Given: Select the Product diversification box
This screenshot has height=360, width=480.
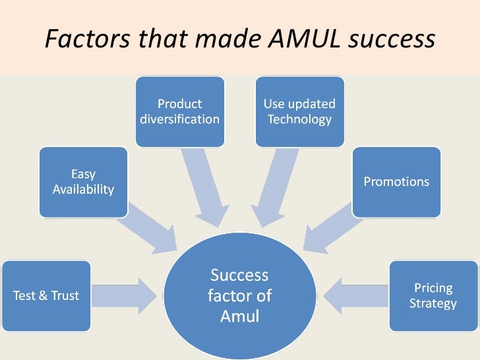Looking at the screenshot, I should tap(179, 111).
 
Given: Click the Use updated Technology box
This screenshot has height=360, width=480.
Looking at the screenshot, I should tap(299, 111).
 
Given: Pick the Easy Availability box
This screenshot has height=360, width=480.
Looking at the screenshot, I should tap(83, 181).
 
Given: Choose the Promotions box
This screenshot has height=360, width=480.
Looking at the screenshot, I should tap(396, 181).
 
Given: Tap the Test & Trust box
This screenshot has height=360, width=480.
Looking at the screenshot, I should tap(45, 295).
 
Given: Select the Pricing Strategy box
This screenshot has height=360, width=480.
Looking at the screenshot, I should tap(433, 295).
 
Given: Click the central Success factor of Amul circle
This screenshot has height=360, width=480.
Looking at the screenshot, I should tap(239, 295).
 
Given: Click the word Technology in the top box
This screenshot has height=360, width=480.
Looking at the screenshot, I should tap(299, 120).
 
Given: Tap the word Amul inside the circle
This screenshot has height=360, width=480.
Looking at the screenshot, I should tap(239, 316).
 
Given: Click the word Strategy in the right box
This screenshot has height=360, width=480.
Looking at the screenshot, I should tap(433, 304).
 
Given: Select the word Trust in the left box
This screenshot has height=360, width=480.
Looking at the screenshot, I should tap(65, 296).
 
